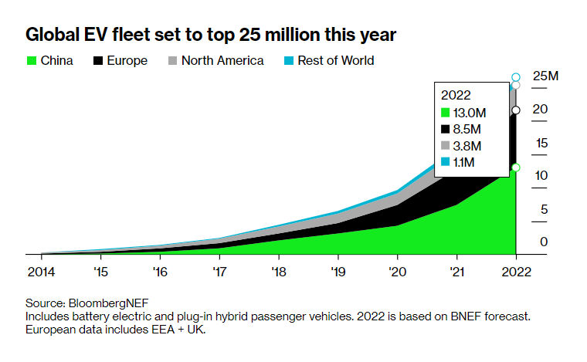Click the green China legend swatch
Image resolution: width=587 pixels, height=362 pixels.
(31, 60)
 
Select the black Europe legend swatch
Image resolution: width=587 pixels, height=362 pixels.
(98, 60)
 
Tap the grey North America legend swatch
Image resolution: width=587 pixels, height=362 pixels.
(172, 60)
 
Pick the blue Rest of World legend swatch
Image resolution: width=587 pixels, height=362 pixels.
(288, 60)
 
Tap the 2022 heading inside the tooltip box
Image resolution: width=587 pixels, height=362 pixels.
(456, 95)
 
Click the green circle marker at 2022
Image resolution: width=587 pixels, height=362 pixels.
(516, 167)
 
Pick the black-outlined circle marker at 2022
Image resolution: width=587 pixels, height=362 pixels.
(516, 110)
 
